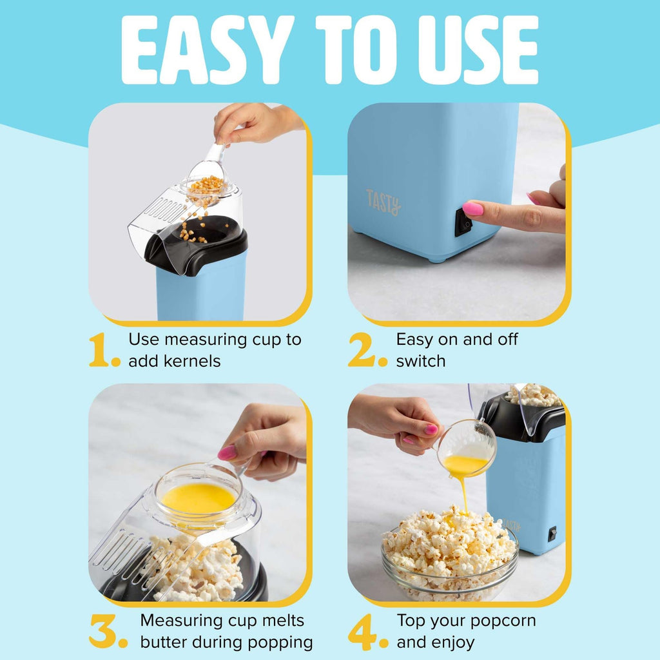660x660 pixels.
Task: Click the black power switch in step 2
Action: click(463, 223)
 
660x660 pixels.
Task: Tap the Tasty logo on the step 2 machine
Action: click(383, 201)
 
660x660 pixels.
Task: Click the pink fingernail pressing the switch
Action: click(472, 209)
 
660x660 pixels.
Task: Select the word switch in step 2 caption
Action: click(420, 361)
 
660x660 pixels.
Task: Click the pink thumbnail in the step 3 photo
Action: click(227, 452)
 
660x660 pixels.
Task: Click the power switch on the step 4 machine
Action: click(552, 534)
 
